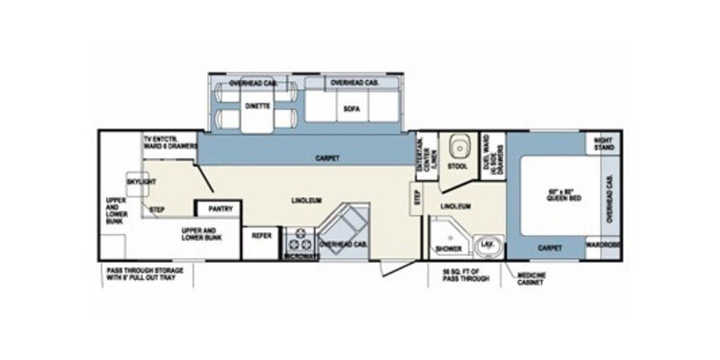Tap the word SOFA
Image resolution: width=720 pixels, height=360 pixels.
coord(352,109)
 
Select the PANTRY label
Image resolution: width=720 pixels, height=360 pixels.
coord(220,209)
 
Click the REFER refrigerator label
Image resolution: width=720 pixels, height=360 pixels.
coord(262,235)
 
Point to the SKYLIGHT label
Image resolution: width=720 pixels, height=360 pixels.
coord(140,181)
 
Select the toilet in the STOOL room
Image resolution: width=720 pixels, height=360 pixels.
coord(459,148)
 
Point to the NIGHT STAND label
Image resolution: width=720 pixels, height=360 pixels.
coord(603,144)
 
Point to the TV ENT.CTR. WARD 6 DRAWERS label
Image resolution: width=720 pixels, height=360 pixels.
coord(168,143)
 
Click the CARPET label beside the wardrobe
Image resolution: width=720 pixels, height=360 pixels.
coord(550,247)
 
